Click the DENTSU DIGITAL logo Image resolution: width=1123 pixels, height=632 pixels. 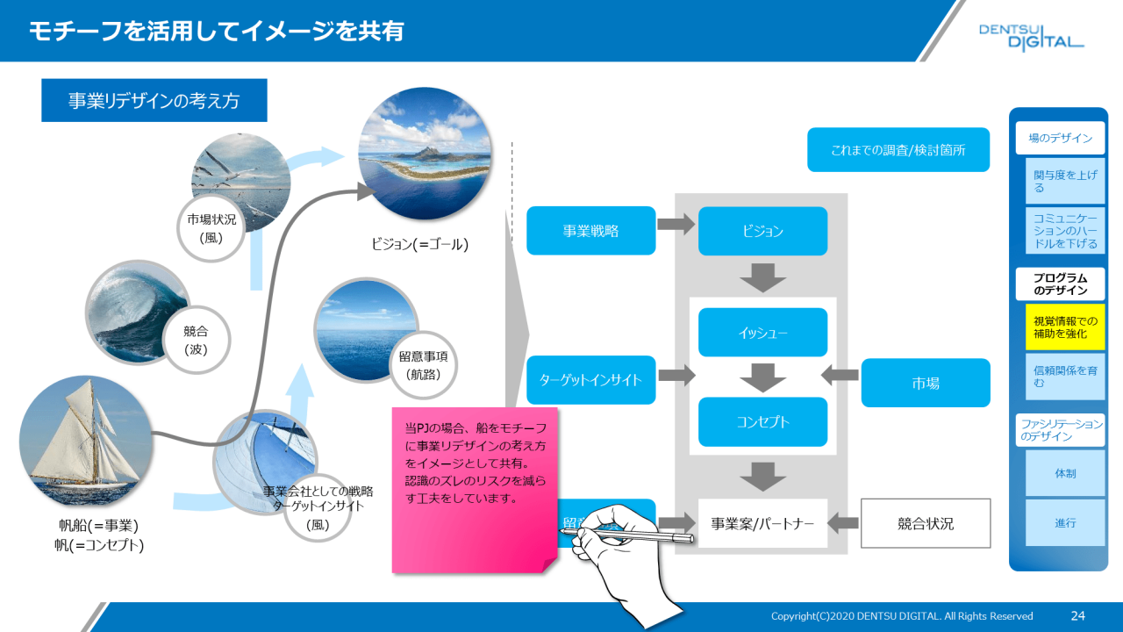point(1031,37)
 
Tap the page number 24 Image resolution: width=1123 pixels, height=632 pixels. point(1078,615)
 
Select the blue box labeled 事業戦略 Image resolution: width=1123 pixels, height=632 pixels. point(590,231)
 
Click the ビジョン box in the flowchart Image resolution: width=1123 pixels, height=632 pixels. point(762,231)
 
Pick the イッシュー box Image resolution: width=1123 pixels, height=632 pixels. point(762,333)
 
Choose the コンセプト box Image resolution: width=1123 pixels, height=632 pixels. point(762,422)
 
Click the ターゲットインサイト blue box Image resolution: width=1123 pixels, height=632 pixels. point(590,380)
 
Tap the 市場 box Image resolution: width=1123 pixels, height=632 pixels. point(926,383)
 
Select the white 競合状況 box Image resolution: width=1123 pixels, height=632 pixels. point(926,524)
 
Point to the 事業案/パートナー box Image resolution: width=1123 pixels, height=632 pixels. point(762,524)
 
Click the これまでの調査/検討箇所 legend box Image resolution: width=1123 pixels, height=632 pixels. point(898,150)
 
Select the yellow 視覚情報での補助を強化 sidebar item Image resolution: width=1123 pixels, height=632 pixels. point(1065,327)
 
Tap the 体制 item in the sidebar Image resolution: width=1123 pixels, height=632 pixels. point(1065,473)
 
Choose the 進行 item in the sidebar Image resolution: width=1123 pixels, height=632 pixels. point(1065,522)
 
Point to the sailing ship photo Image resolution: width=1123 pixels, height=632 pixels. point(83,442)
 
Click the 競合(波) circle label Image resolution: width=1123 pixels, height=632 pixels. point(195,340)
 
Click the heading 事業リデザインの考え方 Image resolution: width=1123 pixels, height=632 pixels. point(154,101)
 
